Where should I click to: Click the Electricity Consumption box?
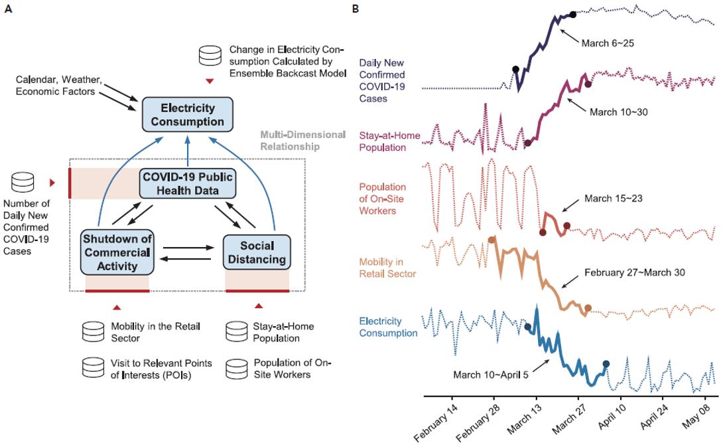coord(188,115)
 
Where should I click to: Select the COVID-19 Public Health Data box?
coord(188,183)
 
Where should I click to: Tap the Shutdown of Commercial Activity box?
coord(117,252)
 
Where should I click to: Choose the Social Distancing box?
coord(257,252)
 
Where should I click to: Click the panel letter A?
coord(8,9)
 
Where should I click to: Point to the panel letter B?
coord(356,9)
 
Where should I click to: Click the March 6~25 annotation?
coord(608,43)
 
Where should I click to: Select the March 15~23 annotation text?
coord(614,199)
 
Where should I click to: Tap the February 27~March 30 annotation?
coord(635,273)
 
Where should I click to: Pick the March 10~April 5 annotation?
coord(491,375)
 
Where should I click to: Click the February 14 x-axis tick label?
coord(436,422)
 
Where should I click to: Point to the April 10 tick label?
coord(612,417)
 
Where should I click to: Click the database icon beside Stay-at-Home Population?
coord(237,331)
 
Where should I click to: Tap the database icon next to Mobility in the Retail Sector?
coord(94,331)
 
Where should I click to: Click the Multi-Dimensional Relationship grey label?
coord(303,141)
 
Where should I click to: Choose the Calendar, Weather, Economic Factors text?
coord(59,86)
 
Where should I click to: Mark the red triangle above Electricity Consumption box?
coord(210,81)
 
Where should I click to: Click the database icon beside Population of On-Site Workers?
coord(237,369)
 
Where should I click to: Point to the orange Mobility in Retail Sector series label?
coord(387,268)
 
